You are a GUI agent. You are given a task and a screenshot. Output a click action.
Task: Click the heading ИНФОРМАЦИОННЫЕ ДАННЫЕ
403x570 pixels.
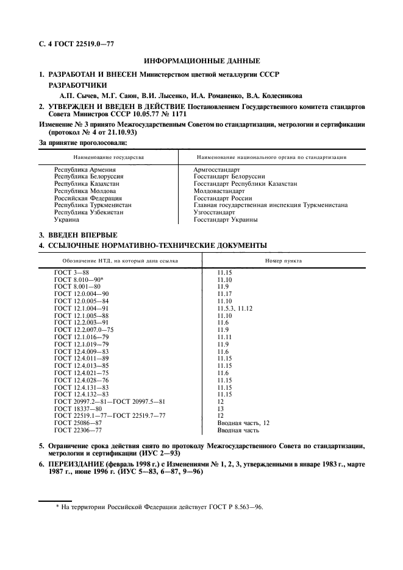click(201, 61)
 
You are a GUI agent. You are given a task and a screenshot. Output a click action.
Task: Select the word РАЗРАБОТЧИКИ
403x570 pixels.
click(77, 85)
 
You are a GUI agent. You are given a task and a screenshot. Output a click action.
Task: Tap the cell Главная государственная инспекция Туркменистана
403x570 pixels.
click(270, 205)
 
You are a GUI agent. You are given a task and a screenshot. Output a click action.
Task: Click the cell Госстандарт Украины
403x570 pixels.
click(225, 220)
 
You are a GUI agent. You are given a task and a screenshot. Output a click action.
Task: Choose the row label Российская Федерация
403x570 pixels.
click(88, 198)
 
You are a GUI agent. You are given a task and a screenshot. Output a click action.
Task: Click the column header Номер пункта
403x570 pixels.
click(283, 261)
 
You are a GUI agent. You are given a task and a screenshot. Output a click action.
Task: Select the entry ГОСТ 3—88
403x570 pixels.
click(71, 272)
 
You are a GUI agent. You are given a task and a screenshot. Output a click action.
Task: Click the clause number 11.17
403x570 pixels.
click(225, 294)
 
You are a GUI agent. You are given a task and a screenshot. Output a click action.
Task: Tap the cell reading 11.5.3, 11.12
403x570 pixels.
click(235, 309)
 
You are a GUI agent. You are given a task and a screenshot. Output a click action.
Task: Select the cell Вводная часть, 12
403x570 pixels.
click(243, 423)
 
